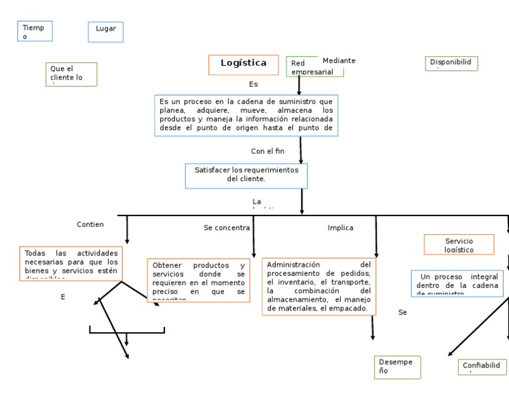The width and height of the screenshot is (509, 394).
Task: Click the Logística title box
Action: point(243,64)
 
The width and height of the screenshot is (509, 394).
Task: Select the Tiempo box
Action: point(35,31)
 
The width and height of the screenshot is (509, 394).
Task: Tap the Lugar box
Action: point(106,32)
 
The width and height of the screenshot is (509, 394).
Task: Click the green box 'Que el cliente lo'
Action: point(72,74)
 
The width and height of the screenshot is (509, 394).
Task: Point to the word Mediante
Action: point(339,60)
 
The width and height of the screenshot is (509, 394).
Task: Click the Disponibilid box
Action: point(451,63)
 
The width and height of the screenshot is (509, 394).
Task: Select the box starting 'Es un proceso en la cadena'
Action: point(246,115)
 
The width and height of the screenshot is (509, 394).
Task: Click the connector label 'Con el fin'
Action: point(267,151)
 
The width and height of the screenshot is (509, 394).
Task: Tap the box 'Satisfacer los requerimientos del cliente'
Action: point(246,176)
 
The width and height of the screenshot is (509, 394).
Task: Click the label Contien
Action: point(90,224)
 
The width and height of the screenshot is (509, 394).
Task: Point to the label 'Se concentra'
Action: point(227,228)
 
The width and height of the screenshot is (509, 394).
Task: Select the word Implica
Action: point(340,228)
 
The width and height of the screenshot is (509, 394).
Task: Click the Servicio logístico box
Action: point(459,244)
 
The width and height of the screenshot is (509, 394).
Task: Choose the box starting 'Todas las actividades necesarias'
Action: point(71,263)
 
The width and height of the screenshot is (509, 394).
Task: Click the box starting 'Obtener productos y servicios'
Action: point(198,281)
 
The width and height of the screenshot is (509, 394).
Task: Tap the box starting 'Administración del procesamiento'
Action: point(319,287)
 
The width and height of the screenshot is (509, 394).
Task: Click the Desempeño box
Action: point(397,367)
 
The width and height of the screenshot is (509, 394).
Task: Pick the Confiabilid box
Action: point(482,367)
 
